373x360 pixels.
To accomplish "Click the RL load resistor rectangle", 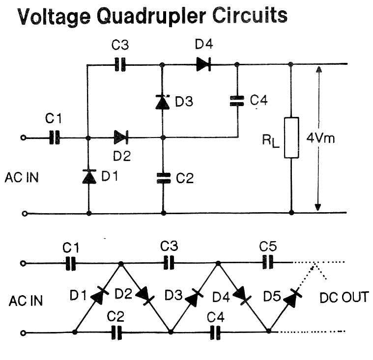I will coord(291,138).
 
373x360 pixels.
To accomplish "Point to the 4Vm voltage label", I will coord(320,138).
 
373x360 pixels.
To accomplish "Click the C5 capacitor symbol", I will coord(267,263).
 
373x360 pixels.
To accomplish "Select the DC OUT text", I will coord(344,298).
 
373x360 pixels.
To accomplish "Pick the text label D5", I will coord(272,296).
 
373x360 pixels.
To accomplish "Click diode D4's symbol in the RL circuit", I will coord(203,64).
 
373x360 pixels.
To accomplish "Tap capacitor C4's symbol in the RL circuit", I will coord(237,101).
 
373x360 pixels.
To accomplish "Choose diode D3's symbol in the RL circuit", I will coord(163,102).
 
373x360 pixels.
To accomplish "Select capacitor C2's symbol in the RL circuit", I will coord(163,177).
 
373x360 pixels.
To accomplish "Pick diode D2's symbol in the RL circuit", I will coord(121,138).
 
